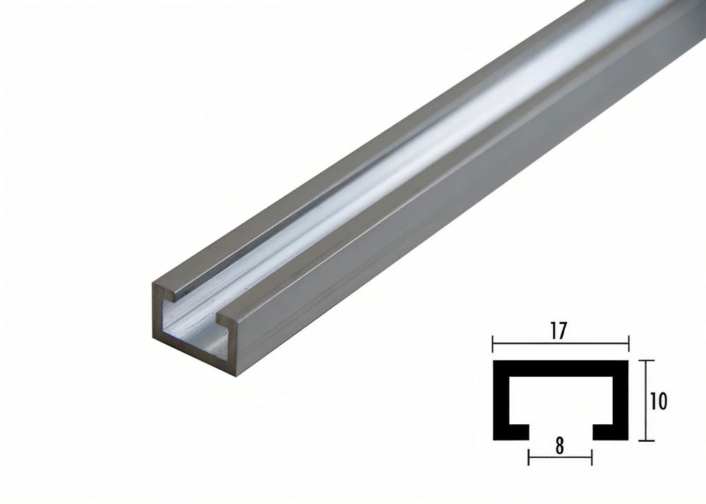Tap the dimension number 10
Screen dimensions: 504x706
tap(658, 401)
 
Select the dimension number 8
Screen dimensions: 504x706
tap(560, 445)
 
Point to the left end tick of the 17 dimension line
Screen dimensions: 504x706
tap(493, 344)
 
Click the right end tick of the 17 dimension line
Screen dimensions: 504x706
tap(628, 344)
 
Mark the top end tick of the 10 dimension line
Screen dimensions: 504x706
tap(645, 361)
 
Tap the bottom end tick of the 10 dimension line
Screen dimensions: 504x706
tap(645, 440)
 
